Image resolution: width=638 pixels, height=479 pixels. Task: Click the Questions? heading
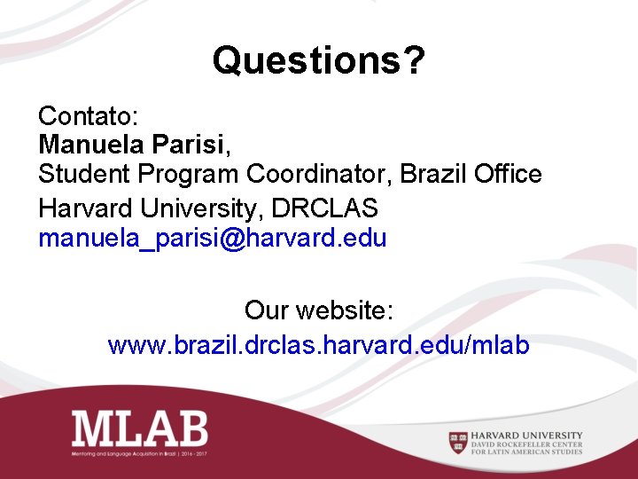[x=319, y=61]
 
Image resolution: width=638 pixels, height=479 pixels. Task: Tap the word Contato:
[x=85, y=115]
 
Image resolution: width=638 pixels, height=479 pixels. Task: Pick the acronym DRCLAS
[x=325, y=208]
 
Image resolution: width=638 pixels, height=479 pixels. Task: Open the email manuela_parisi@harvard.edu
[x=213, y=239]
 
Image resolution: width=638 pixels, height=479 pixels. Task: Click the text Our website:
[x=319, y=311]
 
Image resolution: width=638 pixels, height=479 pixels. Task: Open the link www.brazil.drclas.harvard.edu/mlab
[x=319, y=344]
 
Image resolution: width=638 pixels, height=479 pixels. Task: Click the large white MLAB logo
[x=139, y=428]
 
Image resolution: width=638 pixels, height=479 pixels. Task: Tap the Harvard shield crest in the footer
[x=458, y=441]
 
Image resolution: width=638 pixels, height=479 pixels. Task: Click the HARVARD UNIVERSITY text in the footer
[x=527, y=435]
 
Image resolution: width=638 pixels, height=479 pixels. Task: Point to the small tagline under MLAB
[x=147, y=453]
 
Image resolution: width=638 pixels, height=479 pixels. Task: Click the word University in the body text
[x=201, y=208]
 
